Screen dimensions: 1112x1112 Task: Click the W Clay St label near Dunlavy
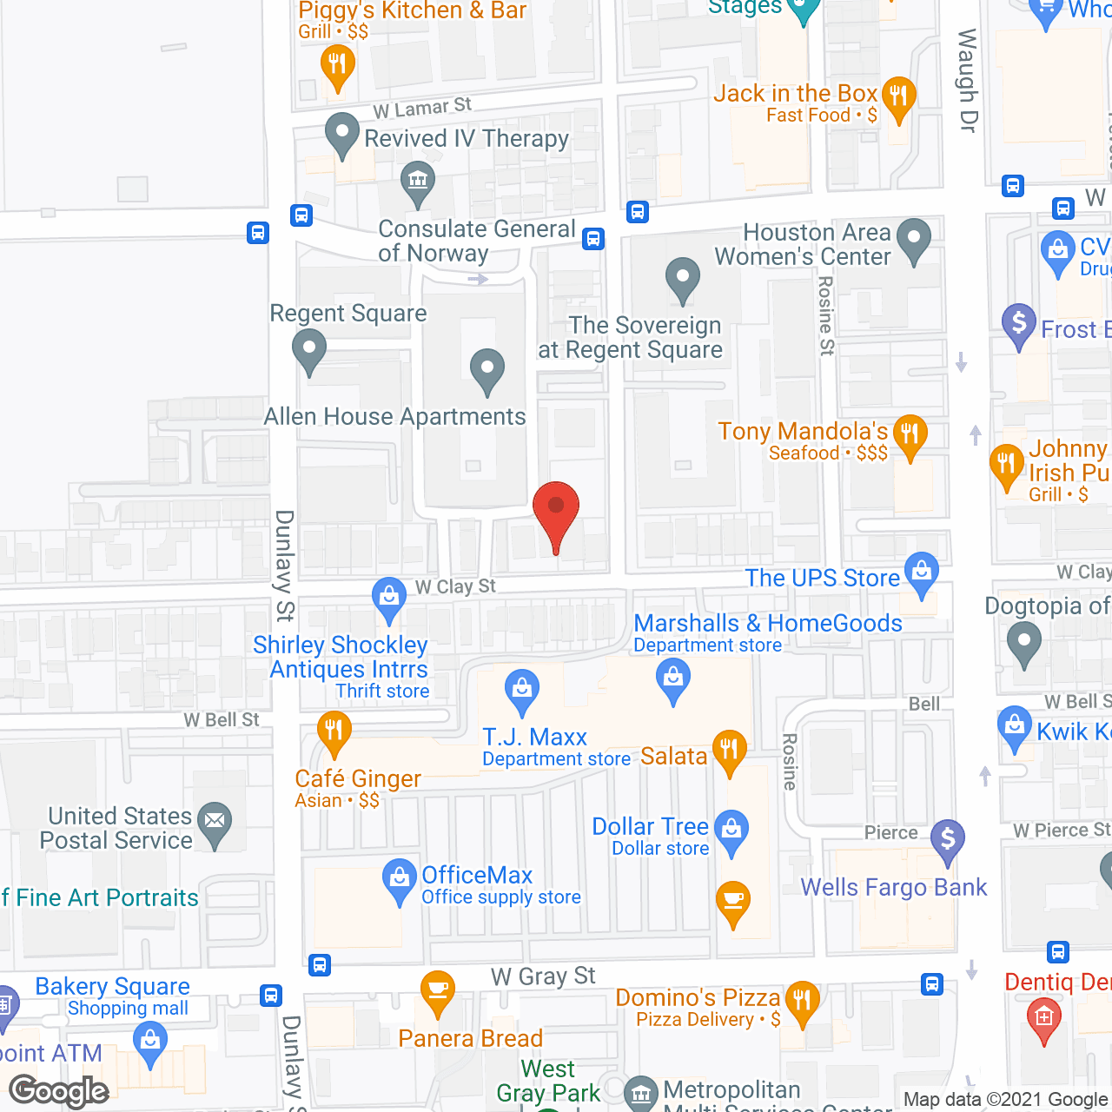click(x=455, y=587)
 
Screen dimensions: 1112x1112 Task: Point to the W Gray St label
click(x=543, y=976)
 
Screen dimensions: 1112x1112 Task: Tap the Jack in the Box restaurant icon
click(x=898, y=96)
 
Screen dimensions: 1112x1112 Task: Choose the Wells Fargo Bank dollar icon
click(x=948, y=839)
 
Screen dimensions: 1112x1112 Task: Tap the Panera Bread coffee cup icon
click(x=437, y=990)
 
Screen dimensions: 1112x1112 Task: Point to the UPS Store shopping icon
click(x=922, y=572)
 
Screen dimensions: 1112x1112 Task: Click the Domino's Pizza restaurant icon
click(x=802, y=1001)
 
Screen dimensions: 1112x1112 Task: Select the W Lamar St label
click(x=422, y=109)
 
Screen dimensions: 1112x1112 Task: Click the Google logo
click(x=59, y=1091)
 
